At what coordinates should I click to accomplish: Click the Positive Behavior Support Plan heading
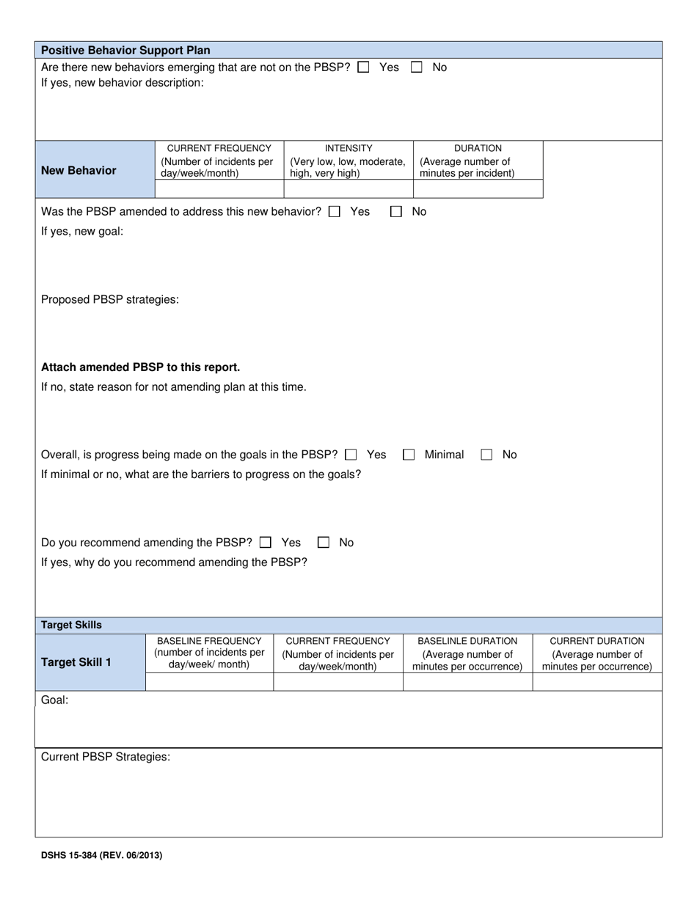(125, 51)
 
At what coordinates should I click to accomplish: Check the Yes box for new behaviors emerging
(363, 67)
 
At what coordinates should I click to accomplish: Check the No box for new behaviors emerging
(417, 67)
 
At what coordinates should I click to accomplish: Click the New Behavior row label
(79, 170)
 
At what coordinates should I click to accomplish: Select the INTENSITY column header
(348, 147)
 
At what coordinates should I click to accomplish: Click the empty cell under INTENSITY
(348, 189)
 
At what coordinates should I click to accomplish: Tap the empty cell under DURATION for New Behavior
(478, 189)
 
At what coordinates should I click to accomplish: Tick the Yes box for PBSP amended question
(335, 212)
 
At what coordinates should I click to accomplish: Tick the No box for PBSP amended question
(396, 212)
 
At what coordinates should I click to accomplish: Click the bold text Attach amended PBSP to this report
(140, 367)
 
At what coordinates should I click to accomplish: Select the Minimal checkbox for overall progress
(409, 455)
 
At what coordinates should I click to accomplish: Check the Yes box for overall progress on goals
(351, 455)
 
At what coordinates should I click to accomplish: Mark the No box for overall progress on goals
(486, 455)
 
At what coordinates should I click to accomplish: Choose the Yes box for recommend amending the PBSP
(266, 543)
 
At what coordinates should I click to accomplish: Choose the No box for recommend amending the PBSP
(324, 543)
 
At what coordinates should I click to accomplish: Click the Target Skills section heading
(71, 625)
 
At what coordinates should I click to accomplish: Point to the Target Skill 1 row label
(76, 662)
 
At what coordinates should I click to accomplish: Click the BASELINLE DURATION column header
(467, 641)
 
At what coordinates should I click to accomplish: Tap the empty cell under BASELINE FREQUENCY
(209, 682)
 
